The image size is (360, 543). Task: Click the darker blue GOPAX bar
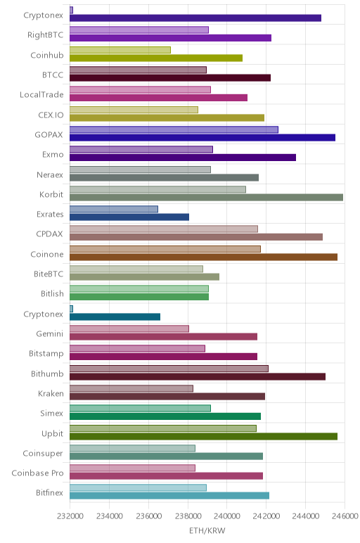[202, 137]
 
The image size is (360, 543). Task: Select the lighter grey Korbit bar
[157, 189]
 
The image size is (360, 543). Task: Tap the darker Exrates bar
[129, 217]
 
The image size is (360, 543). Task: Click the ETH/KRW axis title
[207, 530]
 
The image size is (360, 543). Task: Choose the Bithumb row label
[47, 373]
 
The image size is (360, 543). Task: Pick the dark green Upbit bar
[203, 436]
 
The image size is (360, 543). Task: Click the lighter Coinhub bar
[120, 50]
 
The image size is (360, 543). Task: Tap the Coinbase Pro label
[38, 473]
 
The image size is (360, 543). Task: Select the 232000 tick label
[70, 516]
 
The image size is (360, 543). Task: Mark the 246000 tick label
[345, 516]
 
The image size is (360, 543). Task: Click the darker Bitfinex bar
[169, 496]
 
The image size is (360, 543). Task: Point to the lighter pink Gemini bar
[129, 328]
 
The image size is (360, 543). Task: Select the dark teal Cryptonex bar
[115, 317]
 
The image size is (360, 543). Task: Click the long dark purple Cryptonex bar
[195, 18]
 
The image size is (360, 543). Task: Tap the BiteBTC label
[49, 274]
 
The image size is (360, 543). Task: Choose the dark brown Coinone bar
[203, 257]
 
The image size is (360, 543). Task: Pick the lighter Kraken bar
[131, 388]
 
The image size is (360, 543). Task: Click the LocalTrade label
[42, 95]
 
